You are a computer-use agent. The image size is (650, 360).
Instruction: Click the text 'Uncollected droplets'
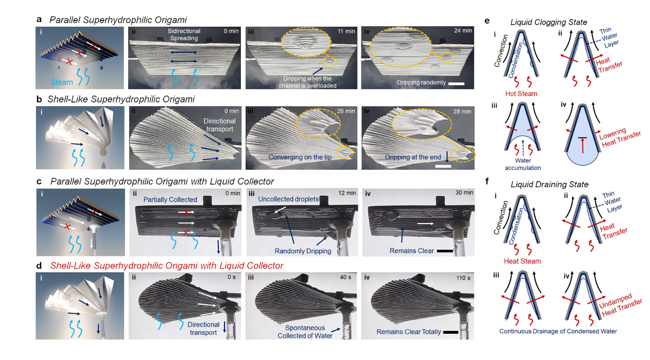click(x=289, y=199)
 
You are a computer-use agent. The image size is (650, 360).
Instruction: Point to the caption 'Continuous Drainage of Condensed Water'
click(x=558, y=331)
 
